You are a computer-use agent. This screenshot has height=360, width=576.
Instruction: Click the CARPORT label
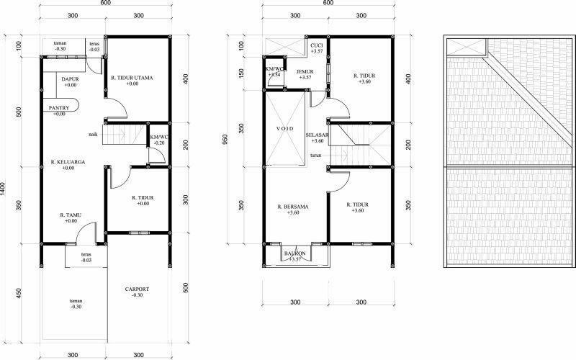pyautogui.click(x=137, y=289)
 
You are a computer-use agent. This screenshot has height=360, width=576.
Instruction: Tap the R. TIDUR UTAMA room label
pyautogui.click(x=132, y=78)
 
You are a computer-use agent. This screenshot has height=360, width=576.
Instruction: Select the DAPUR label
pyautogui.click(x=70, y=79)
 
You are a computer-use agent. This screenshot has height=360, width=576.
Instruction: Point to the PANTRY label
pyautogui.click(x=59, y=108)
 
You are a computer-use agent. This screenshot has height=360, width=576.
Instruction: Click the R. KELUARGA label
pyautogui.click(x=68, y=162)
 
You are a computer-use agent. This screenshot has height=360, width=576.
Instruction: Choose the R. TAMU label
pyautogui.click(x=71, y=215)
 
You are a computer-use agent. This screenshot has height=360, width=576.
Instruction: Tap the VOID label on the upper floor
pyautogui.click(x=285, y=129)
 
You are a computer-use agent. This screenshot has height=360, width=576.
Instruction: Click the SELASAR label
pyautogui.click(x=317, y=135)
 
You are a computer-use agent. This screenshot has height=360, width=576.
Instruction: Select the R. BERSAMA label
pyautogui.click(x=293, y=207)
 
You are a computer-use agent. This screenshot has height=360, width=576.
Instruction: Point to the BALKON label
pyautogui.click(x=295, y=253)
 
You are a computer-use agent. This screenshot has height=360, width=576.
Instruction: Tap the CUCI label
pyautogui.click(x=317, y=45)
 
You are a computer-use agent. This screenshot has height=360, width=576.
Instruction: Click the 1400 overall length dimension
pyautogui.click(x=4, y=189)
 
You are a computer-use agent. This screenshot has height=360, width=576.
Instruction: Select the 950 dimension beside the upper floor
pyautogui.click(x=225, y=139)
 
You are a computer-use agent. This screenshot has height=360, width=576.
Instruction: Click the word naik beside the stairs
pyautogui.click(x=93, y=135)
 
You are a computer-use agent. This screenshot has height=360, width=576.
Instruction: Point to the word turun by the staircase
pyautogui.click(x=316, y=155)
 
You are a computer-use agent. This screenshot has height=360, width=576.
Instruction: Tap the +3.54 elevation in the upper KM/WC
pyautogui.click(x=274, y=75)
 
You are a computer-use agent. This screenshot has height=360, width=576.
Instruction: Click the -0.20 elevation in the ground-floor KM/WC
pyautogui.click(x=159, y=143)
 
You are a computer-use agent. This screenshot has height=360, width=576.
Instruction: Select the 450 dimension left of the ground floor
pyautogui.click(x=19, y=293)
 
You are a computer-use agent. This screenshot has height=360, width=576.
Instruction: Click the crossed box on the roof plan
pyautogui.click(x=467, y=48)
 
